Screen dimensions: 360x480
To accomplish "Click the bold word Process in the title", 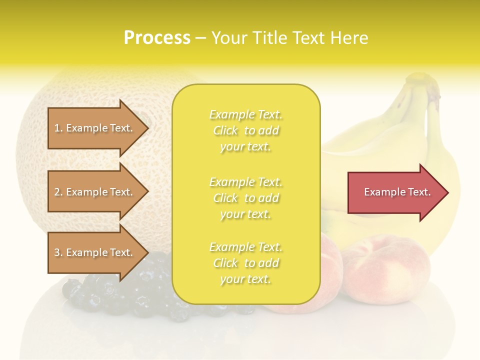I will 157,38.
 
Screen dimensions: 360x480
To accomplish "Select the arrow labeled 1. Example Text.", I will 95,128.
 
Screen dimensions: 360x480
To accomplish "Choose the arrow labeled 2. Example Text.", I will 95,192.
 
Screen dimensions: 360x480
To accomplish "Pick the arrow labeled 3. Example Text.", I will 95,252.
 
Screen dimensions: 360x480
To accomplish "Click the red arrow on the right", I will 395,192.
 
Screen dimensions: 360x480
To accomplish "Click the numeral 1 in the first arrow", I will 57,128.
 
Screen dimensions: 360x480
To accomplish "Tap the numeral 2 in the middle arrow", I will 57,192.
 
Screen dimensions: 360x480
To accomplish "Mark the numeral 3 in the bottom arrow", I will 57,252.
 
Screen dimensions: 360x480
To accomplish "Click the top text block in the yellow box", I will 245,130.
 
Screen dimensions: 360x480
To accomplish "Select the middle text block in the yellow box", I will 245,198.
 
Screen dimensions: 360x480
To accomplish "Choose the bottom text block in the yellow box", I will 245,263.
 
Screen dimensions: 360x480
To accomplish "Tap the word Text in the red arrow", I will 419,192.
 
